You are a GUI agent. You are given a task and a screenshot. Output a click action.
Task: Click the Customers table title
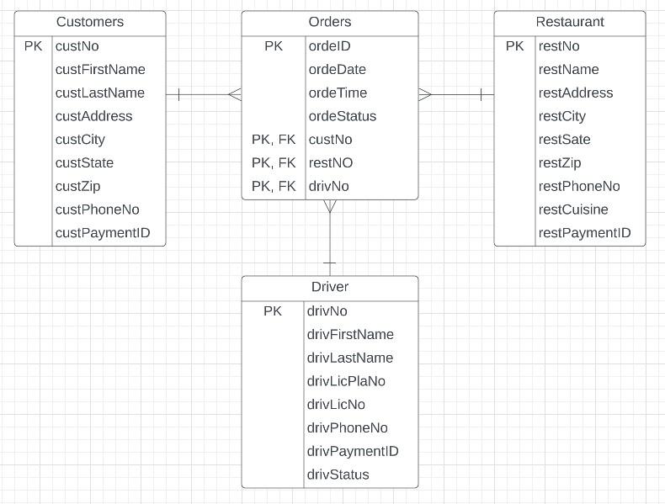tap(89, 22)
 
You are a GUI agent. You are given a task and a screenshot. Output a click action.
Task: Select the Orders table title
tap(330, 22)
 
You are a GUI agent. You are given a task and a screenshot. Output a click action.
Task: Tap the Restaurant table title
tap(570, 22)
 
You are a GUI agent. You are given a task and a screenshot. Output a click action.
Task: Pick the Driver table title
tap(330, 287)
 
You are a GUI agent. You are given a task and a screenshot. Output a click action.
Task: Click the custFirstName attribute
tap(100, 70)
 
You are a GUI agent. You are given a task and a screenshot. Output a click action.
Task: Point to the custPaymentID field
tap(103, 233)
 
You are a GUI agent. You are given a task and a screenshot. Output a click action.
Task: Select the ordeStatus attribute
tap(342, 116)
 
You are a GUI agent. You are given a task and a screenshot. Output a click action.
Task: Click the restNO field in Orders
tap(329, 163)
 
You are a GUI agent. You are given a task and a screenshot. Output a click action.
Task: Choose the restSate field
tap(564, 140)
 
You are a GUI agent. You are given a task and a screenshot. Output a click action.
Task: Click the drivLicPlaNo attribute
tap(346, 381)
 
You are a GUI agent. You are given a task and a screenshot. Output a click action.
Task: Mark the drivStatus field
tap(338, 475)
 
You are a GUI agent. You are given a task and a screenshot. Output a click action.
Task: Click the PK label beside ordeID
tap(274, 46)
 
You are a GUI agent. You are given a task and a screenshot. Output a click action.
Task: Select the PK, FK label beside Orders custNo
tap(274, 140)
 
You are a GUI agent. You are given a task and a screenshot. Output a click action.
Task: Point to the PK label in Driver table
tap(273, 311)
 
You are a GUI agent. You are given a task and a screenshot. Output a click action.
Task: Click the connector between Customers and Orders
tap(204, 94)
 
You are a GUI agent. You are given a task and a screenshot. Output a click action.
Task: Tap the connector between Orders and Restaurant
tap(456, 94)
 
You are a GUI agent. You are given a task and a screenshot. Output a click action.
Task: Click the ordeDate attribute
tap(337, 70)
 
